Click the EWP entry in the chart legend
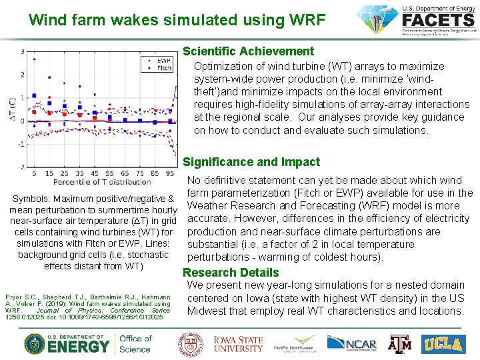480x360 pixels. click(160, 60)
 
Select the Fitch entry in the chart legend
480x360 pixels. click(161, 68)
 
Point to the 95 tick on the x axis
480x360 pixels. click(170, 173)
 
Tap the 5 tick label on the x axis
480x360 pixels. click(34, 173)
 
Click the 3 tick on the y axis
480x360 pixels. click(23, 51)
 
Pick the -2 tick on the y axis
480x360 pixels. click(22, 167)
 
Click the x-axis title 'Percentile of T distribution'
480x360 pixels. click(102, 181)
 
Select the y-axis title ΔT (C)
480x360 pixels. click(11, 109)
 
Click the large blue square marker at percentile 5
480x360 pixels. click(34, 96)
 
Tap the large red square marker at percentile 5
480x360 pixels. click(34, 113)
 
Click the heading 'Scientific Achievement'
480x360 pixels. click(248, 51)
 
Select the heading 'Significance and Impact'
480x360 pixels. click(251, 162)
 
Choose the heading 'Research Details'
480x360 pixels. click(231, 272)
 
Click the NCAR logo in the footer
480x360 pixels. click(351, 344)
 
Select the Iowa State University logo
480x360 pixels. click(238, 344)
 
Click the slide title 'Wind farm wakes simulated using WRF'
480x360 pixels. click(177, 20)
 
